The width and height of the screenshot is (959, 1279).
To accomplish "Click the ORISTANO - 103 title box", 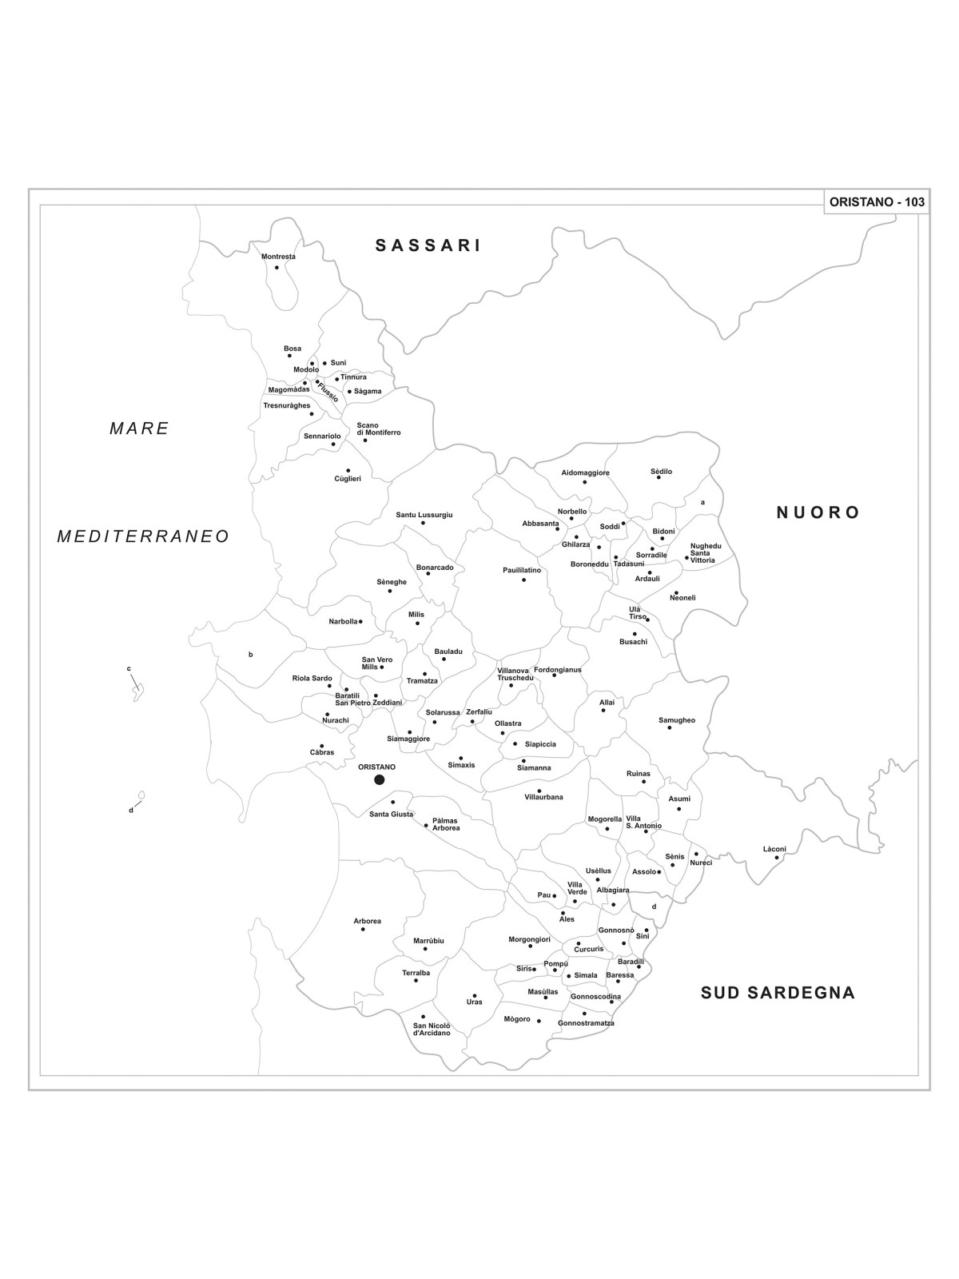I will [877, 202].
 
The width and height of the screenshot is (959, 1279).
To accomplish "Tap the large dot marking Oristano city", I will [380, 779].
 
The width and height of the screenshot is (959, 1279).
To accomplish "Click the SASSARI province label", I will [428, 246].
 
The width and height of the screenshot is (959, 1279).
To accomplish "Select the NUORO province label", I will [818, 512].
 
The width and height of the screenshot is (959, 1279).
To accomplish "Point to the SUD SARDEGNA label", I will [778, 993].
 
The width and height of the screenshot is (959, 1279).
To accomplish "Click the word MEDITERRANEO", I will [143, 537].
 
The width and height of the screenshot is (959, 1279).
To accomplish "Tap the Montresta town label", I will [278, 257].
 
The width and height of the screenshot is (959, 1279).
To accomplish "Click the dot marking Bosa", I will [289, 356].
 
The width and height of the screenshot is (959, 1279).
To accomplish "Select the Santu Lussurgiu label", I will [424, 515].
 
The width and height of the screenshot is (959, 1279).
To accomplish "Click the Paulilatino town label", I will [522, 570].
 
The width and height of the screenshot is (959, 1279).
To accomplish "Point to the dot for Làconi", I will [776, 858].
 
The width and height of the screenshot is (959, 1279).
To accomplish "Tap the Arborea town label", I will [367, 921].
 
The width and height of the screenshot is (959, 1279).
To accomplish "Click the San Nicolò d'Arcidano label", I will [432, 1030].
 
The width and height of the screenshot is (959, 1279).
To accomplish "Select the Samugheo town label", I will [677, 720].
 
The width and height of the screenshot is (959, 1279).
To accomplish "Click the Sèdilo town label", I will [661, 472].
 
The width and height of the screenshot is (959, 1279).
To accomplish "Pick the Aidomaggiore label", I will [585, 472].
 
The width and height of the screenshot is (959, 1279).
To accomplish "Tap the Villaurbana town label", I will [543, 797].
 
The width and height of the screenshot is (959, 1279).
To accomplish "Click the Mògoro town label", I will [517, 1019].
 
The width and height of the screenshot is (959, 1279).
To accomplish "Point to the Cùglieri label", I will [348, 479].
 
